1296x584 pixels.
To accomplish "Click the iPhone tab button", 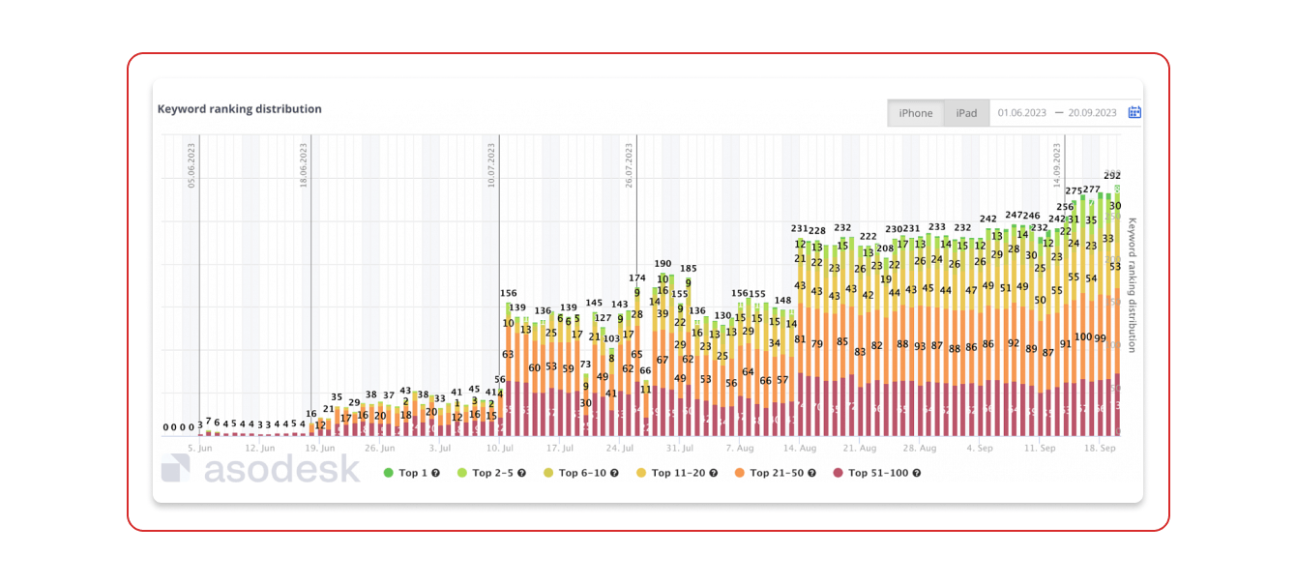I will pyautogui.click(x=916, y=113).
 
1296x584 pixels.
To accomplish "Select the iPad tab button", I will pyautogui.click(x=966, y=113).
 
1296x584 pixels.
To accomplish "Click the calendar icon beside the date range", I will pyautogui.click(x=1134, y=112).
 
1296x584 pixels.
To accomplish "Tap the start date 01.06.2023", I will pyautogui.click(x=1023, y=113).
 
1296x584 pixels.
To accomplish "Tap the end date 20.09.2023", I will pyautogui.click(x=1092, y=113).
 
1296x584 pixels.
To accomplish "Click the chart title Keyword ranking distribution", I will pyautogui.click(x=240, y=109).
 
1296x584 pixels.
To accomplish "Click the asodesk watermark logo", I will pyautogui.click(x=260, y=469).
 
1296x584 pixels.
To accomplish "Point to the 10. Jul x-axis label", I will pyautogui.click(x=500, y=449).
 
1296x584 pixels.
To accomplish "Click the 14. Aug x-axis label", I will pyautogui.click(x=800, y=449).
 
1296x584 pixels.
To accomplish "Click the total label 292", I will pyautogui.click(x=1112, y=176).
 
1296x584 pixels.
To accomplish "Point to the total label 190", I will pyautogui.click(x=663, y=263).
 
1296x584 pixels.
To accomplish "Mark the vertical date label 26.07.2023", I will pyautogui.click(x=630, y=165).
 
